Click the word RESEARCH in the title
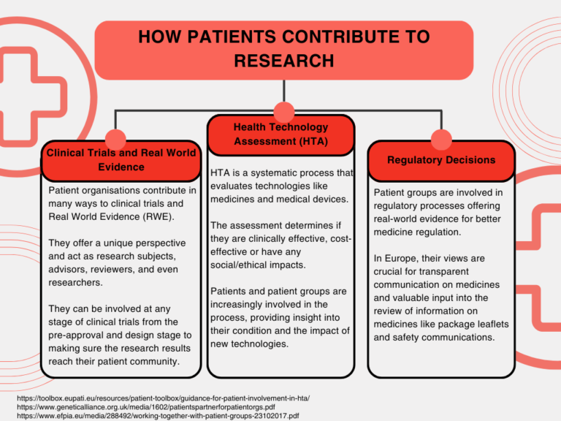point(284,61)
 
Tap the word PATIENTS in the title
point(232,37)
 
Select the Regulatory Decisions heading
point(441,159)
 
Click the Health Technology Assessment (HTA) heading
point(280,134)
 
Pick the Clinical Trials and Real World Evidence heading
point(121,159)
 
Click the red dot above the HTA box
point(283,112)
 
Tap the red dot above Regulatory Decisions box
point(441,140)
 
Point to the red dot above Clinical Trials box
point(115,140)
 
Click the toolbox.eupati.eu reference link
point(163,398)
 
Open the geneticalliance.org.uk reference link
point(146,407)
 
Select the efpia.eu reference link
point(158,416)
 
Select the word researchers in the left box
point(75,282)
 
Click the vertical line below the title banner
point(283,91)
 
